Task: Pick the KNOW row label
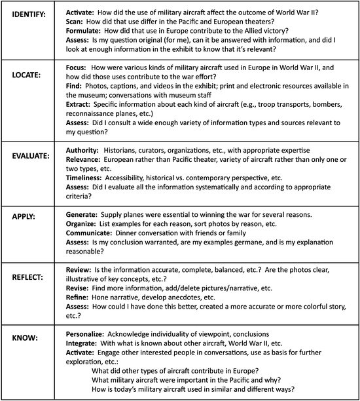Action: (23, 336)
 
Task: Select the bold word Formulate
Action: (85, 31)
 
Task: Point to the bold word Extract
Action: (81, 105)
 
